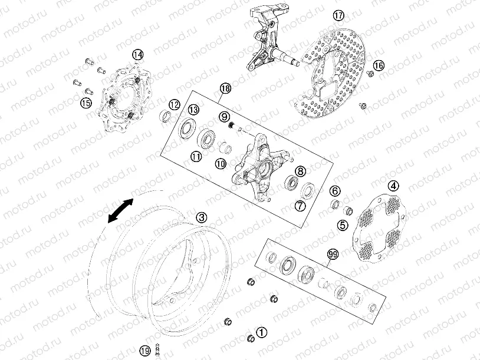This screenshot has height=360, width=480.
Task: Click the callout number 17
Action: [x=338, y=15]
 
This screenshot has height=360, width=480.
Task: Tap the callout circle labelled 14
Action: [x=138, y=55]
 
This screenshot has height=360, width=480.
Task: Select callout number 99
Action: [x=333, y=254]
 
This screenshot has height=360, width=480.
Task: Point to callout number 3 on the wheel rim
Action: [x=202, y=218]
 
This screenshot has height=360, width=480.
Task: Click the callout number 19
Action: [x=146, y=351]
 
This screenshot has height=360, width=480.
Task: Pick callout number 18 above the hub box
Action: [x=226, y=89]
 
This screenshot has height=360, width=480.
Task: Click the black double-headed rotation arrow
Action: [x=121, y=210]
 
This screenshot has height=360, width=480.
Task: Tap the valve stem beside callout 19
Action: [x=158, y=349]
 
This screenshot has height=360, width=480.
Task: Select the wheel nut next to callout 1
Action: [x=251, y=338]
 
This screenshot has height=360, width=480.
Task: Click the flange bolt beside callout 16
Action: [x=370, y=73]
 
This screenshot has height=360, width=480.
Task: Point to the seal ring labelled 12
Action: [x=166, y=117]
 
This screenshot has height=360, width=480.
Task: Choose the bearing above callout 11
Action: [x=206, y=138]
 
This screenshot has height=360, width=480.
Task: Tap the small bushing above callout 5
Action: [x=347, y=210]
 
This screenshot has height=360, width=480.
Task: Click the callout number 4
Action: [x=393, y=186]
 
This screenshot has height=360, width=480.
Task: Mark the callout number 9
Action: [x=225, y=116]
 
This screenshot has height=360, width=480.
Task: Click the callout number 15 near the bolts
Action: [x=86, y=103]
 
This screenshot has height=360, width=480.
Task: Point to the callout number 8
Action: [x=300, y=171]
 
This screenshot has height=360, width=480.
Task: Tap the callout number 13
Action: [x=193, y=110]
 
